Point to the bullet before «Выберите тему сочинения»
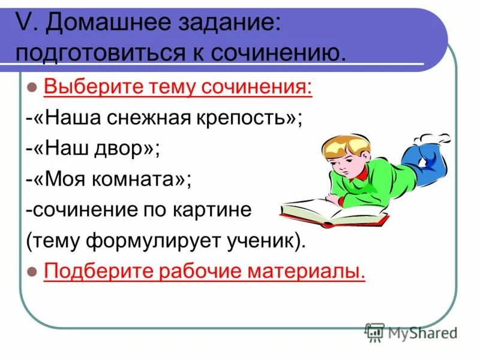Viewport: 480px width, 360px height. [x=33, y=88]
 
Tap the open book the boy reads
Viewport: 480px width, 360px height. [x=336, y=212]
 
